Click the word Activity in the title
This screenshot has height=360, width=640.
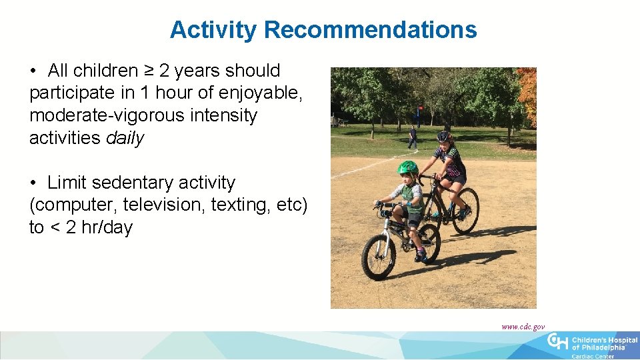pos(213,30)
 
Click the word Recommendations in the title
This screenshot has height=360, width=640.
pos(370,30)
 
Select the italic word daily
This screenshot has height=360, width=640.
pos(125,138)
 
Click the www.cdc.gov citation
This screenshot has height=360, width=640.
pos(523,327)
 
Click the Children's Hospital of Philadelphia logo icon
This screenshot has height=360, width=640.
pos(558,341)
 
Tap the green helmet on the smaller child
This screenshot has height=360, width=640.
pos(407,167)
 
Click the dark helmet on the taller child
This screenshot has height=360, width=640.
pos(443,136)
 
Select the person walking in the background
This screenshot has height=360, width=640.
pos(412,137)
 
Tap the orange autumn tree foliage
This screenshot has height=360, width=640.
pos(528,97)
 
